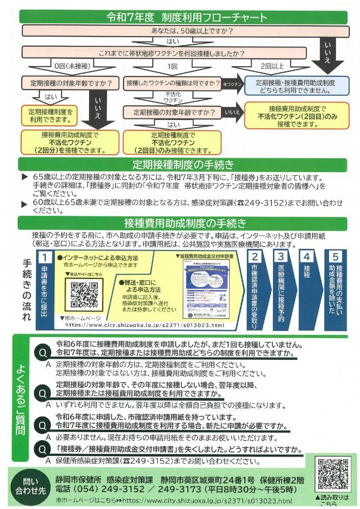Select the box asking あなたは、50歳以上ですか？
pyautogui.click(x=173, y=31)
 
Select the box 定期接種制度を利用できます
pyautogui.click(x=50, y=116)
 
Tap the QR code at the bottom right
pyautogui.click(x=335, y=474)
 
